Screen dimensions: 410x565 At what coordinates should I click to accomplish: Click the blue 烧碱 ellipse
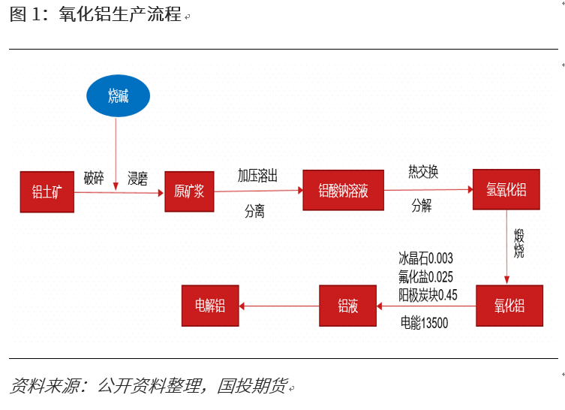click(x=119, y=96)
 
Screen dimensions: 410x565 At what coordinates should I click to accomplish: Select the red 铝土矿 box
click(x=47, y=191)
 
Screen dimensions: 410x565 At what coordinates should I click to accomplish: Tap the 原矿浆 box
click(x=189, y=191)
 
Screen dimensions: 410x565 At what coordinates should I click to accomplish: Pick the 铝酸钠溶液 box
click(x=343, y=191)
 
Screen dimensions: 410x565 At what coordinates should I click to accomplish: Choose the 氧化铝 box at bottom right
click(x=509, y=306)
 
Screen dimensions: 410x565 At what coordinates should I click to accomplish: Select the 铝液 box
click(x=347, y=306)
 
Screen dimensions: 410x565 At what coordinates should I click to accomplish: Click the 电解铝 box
click(x=210, y=306)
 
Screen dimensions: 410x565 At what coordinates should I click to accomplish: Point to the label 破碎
click(x=94, y=178)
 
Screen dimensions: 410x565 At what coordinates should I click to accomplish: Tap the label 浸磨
click(x=137, y=178)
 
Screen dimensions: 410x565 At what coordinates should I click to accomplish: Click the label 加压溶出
click(x=257, y=175)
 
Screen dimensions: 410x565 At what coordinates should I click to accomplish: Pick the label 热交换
click(x=423, y=172)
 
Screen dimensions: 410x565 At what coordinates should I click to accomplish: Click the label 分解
click(x=422, y=206)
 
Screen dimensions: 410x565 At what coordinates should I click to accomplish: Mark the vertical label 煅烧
click(x=518, y=245)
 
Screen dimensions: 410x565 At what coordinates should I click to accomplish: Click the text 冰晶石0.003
click(x=425, y=258)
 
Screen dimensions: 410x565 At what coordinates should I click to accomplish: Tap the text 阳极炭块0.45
click(x=428, y=294)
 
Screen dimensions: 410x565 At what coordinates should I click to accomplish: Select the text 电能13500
click(x=424, y=324)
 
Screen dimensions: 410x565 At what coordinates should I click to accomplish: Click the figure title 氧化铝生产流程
click(x=120, y=14)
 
